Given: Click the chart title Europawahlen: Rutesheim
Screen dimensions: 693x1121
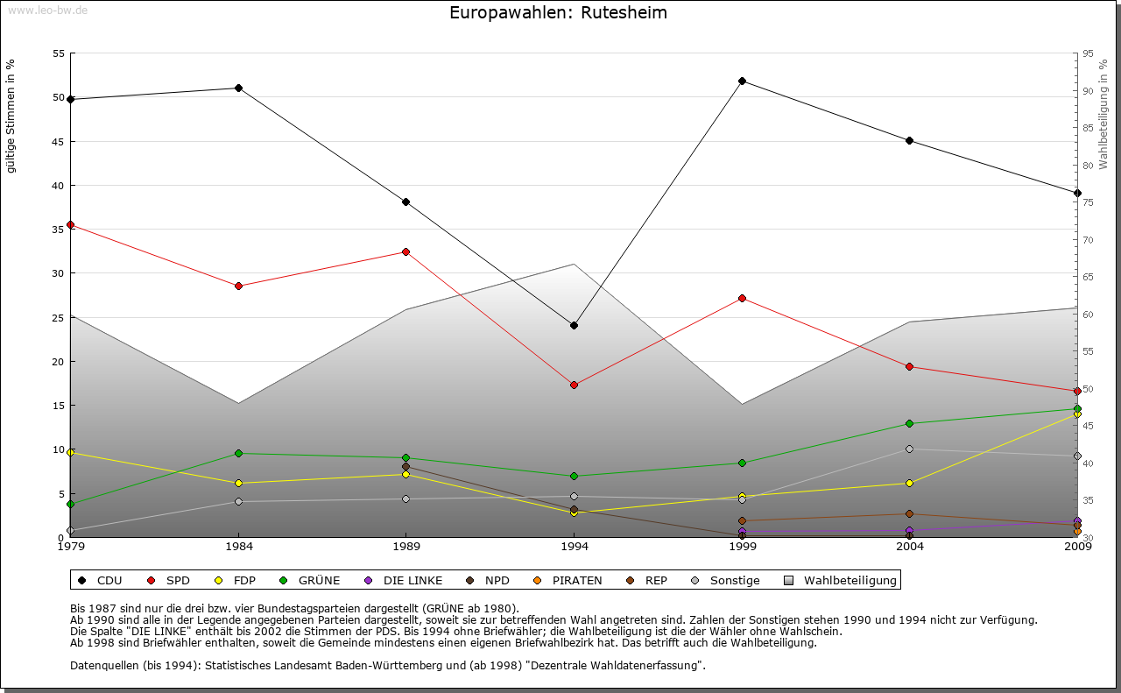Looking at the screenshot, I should coord(558,13).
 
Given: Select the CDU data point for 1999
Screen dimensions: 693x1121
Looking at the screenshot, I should coord(742,81).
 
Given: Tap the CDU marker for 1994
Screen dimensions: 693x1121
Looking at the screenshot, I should coord(574,325).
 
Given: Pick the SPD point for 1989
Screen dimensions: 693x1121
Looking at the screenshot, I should coord(405,251).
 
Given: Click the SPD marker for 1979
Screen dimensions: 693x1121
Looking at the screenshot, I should coord(70,224).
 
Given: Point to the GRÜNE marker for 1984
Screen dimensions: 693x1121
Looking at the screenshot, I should coord(238,453).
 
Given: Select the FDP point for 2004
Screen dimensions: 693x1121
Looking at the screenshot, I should coord(910,483).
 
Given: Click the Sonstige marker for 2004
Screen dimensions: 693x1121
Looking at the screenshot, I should coord(910,449).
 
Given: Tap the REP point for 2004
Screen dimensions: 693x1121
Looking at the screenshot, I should coord(910,513).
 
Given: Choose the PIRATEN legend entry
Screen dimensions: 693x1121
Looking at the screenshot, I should coord(568,580).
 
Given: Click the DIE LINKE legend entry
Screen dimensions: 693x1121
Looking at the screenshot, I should coord(404,580).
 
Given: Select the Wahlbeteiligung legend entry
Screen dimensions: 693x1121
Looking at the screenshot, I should coord(841,580).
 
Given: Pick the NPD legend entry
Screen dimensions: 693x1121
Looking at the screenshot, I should coord(488,580).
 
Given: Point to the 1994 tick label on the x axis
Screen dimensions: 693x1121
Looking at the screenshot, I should coord(574,547).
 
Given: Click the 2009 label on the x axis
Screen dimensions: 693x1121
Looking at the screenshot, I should coord(1077,547).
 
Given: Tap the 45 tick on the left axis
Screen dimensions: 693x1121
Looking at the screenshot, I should coord(59,141).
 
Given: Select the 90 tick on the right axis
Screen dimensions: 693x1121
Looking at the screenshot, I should coord(1088,90).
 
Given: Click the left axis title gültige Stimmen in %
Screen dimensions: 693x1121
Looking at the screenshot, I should coord(11,116).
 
